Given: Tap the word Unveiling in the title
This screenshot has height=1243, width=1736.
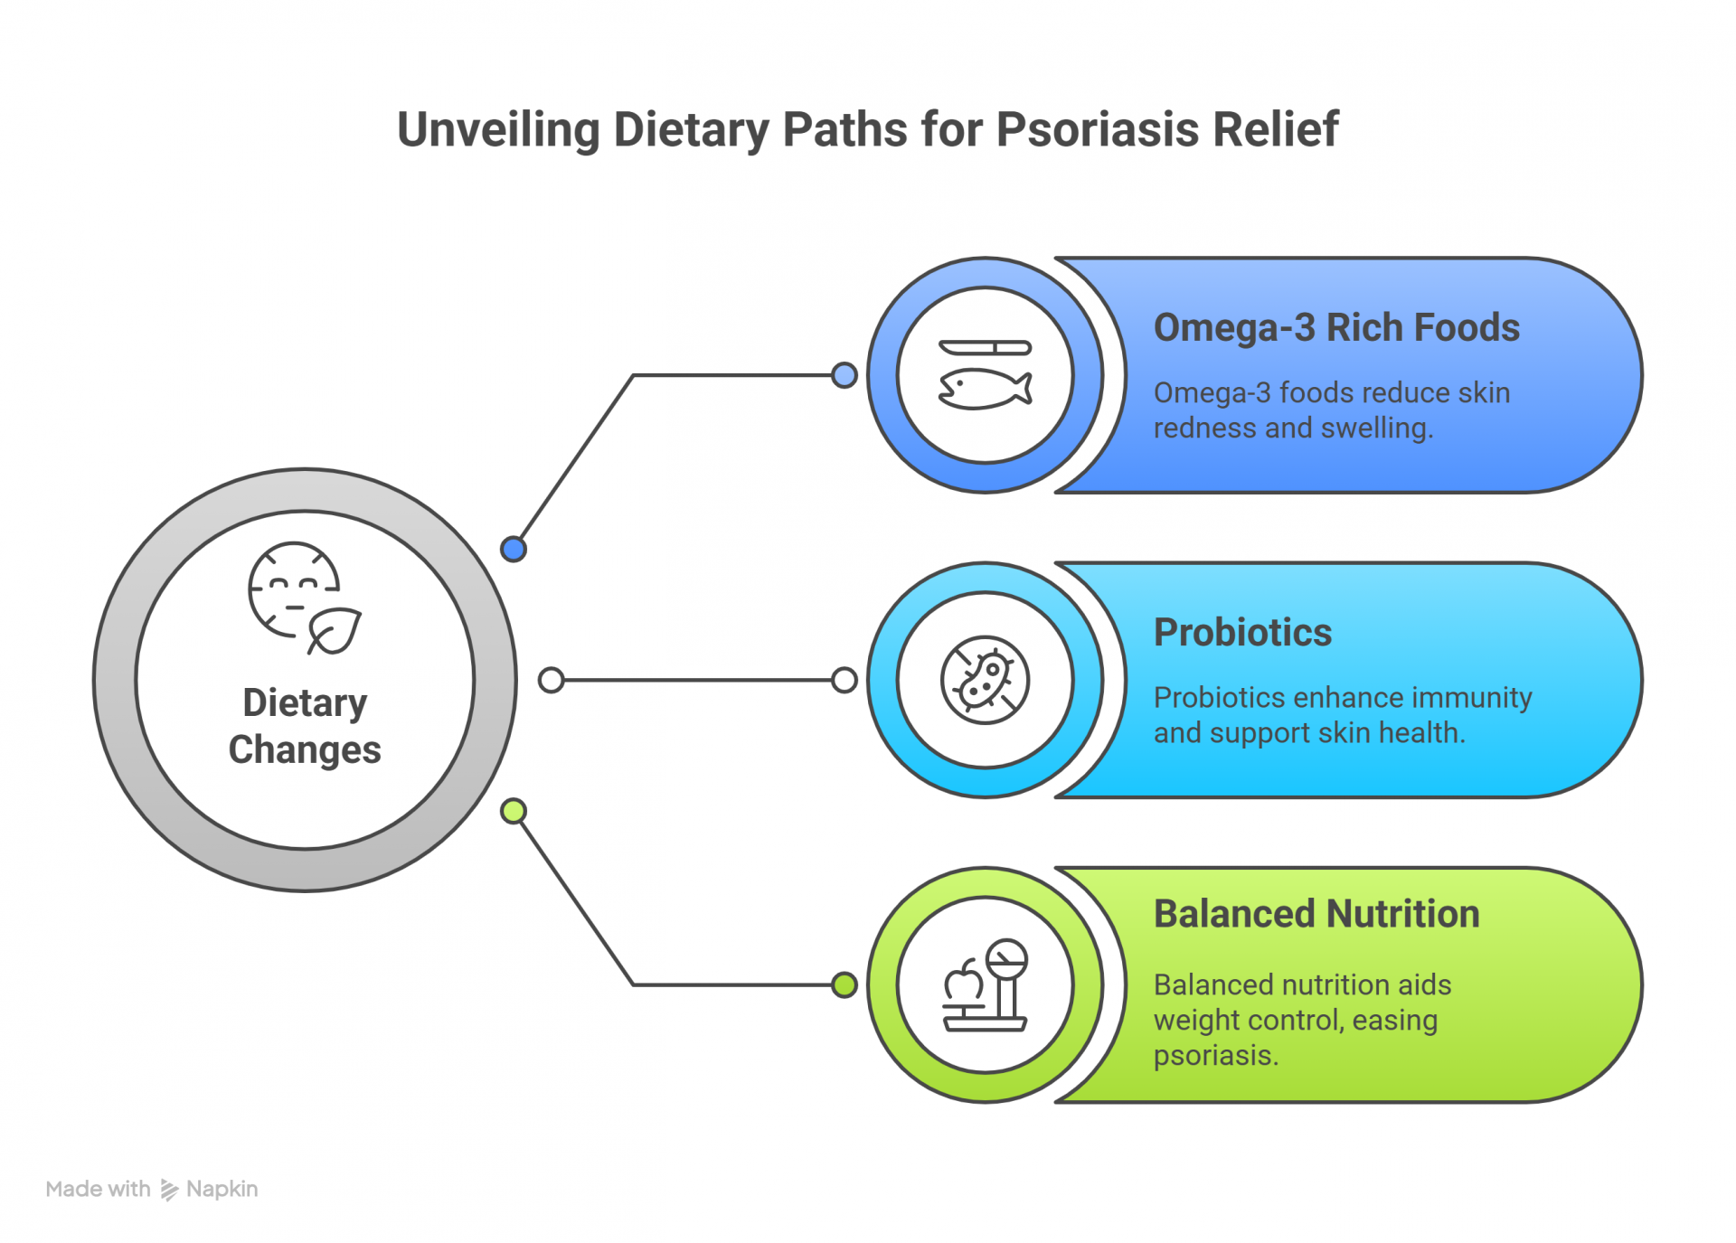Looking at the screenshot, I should [x=498, y=129].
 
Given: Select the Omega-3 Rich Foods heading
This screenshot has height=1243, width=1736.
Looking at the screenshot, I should [x=1335, y=327].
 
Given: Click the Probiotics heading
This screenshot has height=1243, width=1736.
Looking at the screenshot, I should [x=1242, y=632].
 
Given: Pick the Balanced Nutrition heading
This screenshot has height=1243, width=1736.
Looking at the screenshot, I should [x=1316, y=914].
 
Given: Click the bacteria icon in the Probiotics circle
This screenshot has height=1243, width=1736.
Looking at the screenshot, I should [x=985, y=680].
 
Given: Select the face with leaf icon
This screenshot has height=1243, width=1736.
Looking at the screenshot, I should [x=304, y=598].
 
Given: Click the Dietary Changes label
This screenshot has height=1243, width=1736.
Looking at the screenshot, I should [x=305, y=726].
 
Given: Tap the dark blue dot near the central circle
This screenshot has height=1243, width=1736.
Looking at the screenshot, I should [x=514, y=549].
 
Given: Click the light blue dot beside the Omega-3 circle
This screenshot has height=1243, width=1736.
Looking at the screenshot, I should [x=844, y=375].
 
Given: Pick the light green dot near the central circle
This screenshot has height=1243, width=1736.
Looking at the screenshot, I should [x=514, y=811].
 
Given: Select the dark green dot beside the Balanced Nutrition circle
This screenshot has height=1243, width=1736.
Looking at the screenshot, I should [x=844, y=984].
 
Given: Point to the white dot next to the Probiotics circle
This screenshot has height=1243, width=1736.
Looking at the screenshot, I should [x=844, y=680].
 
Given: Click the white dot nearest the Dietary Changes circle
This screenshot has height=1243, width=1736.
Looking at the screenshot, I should [x=551, y=680].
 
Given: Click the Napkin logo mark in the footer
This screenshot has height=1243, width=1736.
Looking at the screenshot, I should [x=169, y=1190].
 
